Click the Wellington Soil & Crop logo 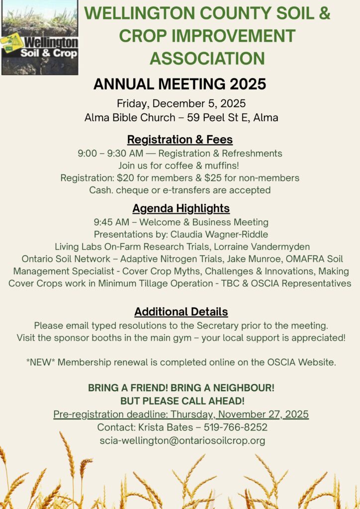tap(39, 38)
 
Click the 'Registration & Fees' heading tap(180, 139)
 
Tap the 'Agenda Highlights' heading tap(181, 208)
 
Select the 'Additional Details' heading tap(181, 312)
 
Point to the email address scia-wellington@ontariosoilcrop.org tap(182, 440)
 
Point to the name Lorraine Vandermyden tap(264, 247)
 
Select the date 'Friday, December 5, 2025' tap(181, 104)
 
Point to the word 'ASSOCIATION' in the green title tap(207, 59)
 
